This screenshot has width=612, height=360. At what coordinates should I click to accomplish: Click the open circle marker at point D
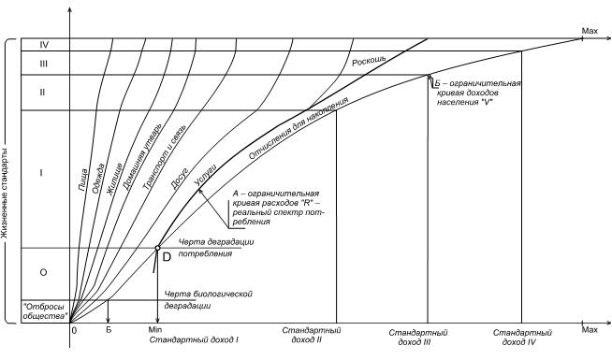point(158,248)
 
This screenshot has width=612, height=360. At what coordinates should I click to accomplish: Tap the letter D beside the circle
point(167,257)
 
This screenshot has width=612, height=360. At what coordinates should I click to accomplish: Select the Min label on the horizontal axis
point(155,329)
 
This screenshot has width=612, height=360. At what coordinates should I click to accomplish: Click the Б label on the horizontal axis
point(109,329)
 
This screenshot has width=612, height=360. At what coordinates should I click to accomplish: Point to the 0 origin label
point(74,330)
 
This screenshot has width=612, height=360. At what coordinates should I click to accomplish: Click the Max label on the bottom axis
point(590,330)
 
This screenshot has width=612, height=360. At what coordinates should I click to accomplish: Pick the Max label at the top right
point(590,31)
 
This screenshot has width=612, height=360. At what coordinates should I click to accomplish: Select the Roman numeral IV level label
point(44,45)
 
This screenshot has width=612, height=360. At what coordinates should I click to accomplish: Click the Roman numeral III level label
point(43,64)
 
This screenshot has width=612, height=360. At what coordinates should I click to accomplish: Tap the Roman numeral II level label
point(42,93)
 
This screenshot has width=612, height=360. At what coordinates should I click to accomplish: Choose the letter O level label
point(43,272)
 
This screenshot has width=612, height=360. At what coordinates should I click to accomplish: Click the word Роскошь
point(370,60)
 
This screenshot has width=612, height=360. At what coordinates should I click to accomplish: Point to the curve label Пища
point(83,180)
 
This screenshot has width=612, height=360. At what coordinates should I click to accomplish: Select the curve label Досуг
point(180,179)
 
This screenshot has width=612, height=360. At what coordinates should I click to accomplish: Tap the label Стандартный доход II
point(312,335)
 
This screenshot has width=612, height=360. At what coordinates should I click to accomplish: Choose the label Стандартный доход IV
point(522,337)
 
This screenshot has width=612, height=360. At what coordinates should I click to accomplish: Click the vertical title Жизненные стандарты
point(5,180)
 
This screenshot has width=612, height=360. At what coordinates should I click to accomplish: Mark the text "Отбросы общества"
point(44,311)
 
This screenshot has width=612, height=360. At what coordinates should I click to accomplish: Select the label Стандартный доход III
point(418,337)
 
